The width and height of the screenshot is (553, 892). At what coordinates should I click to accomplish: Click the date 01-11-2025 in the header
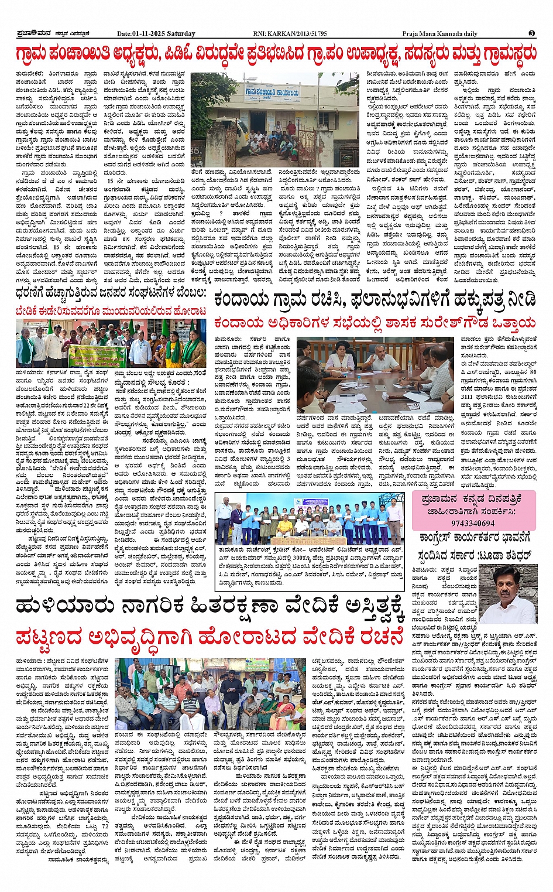click(147, 33)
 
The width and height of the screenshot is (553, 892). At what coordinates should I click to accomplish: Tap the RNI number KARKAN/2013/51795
click(299, 33)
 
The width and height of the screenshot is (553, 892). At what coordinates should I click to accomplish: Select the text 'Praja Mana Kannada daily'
click(439, 33)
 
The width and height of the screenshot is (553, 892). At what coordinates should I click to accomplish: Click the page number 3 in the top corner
click(531, 33)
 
